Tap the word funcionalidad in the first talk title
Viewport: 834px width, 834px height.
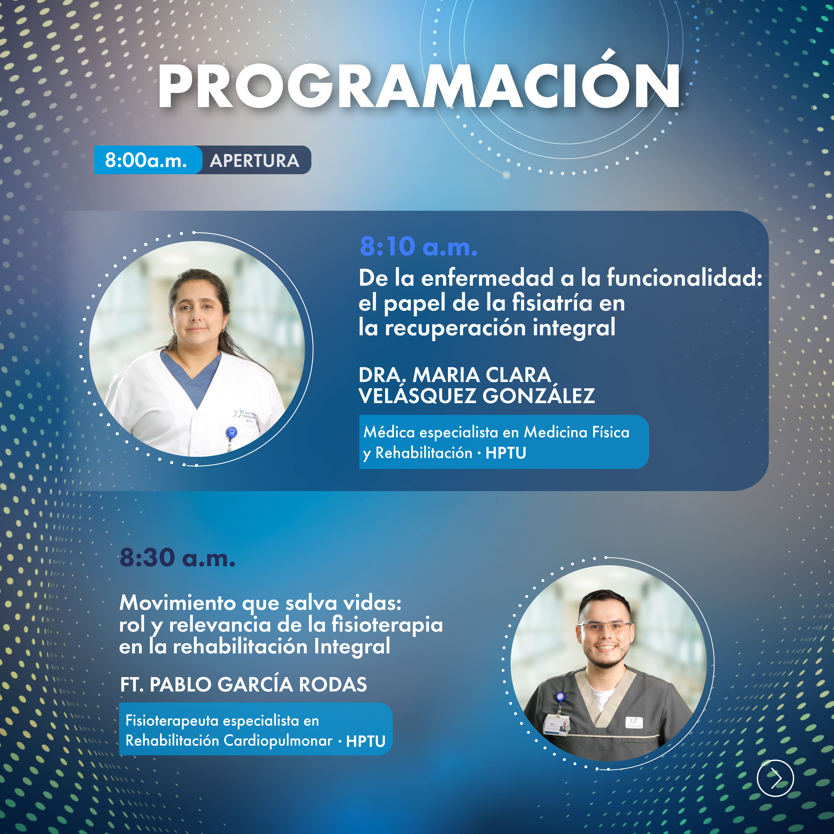685,278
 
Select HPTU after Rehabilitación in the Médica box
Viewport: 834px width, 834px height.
506,453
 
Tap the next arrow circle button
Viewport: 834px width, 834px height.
775,778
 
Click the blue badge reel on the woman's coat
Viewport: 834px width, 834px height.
231,432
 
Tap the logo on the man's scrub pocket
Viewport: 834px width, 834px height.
634,723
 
